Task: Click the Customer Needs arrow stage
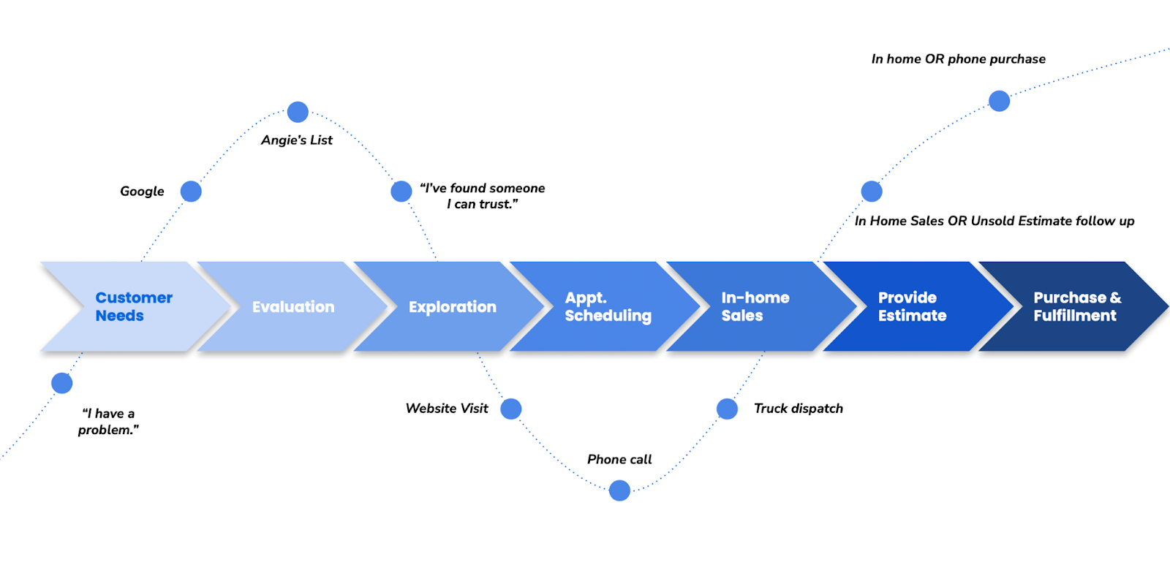point(134,307)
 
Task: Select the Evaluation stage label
point(293,307)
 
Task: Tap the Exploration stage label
point(452,307)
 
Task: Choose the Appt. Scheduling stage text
point(608,307)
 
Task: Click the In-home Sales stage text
point(755,307)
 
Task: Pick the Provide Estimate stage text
point(912,307)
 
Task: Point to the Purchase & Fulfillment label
point(1076,307)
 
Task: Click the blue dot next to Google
point(191,192)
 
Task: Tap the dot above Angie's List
point(298,112)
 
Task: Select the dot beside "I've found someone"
point(401,192)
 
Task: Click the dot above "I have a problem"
point(62,383)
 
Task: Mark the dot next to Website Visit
point(511,409)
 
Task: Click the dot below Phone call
point(619,490)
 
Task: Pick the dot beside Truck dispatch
point(727,409)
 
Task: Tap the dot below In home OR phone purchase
point(999,101)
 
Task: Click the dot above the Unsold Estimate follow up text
point(872,192)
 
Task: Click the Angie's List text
point(297,140)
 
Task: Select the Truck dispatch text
point(798,409)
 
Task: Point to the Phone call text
point(619,460)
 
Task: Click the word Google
point(142,192)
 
